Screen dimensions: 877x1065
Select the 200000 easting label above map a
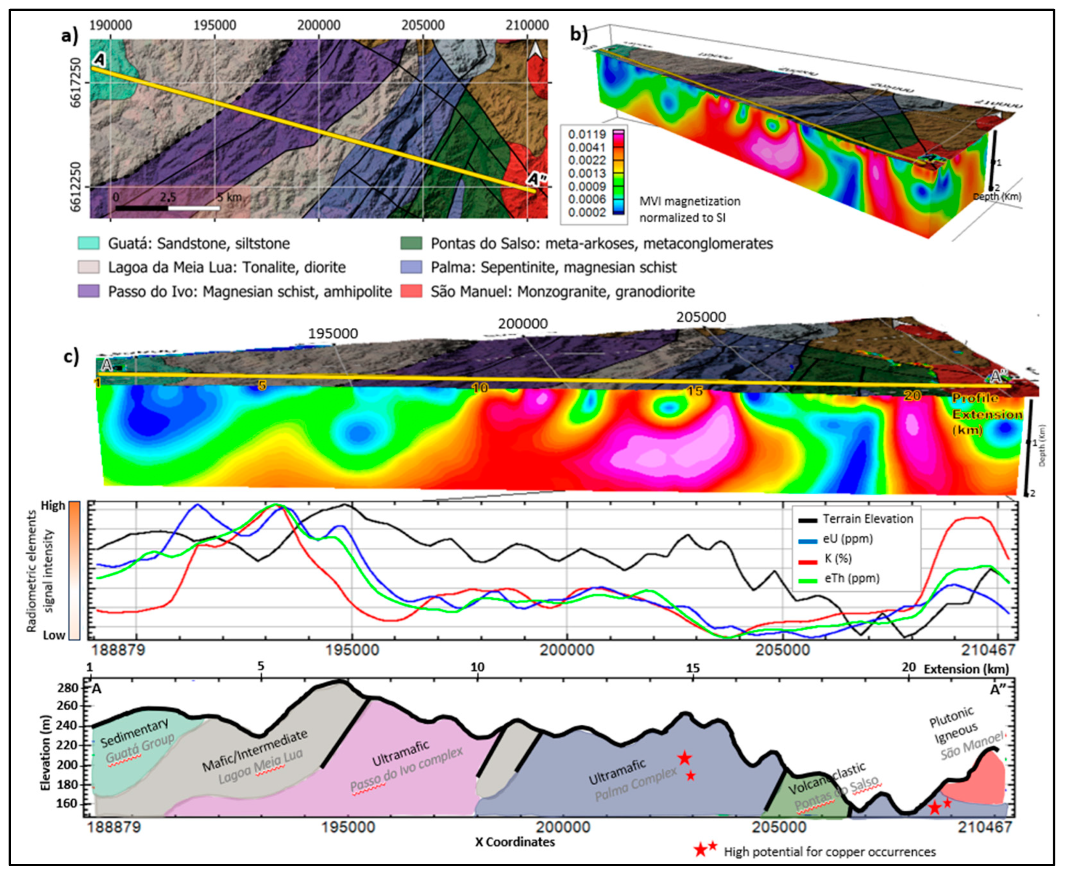(x=318, y=25)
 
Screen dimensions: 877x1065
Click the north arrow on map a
(x=534, y=50)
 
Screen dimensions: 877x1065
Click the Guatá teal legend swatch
(x=88, y=243)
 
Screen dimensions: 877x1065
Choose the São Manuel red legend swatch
(x=410, y=292)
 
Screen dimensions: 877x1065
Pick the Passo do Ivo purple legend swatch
(x=88, y=292)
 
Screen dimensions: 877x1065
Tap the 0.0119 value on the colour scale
(x=586, y=134)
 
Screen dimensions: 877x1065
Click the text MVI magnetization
(x=689, y=201)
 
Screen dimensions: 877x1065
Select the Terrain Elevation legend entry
(x=867, y=519)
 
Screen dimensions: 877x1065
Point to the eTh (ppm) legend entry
(x=852, y=578)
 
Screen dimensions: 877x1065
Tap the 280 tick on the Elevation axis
(x=72, y=687)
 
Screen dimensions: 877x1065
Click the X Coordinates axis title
(x=515, y=842)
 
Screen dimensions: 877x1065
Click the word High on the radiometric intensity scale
(x=53, y=506)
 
